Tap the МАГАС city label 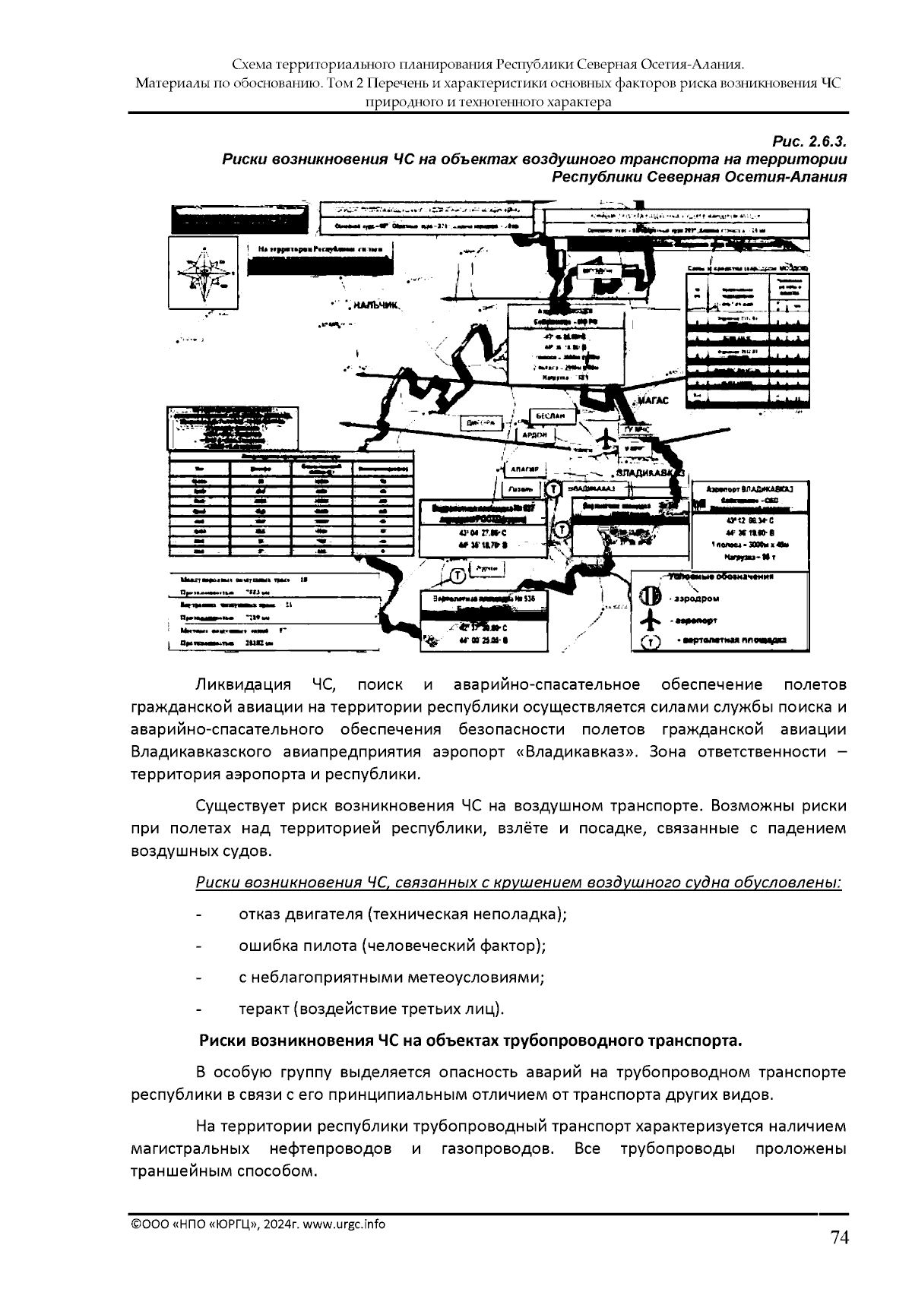pyautogui.click(x=651, y=400)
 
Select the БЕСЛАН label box pyautogui.click(x=550, y=416)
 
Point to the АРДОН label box pyautogui.click(x=536, y=434)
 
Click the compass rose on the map pyautogui.click(x=203, y=273)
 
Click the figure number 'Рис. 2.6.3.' pyautogui.click(x=809, y=142)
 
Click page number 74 pyautogui.click(x=838, y=1237)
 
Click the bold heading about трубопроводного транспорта pyautogui.click(x=469, y=1040)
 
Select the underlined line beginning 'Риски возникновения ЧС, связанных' pyautogui.click(x=518, y=883)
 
